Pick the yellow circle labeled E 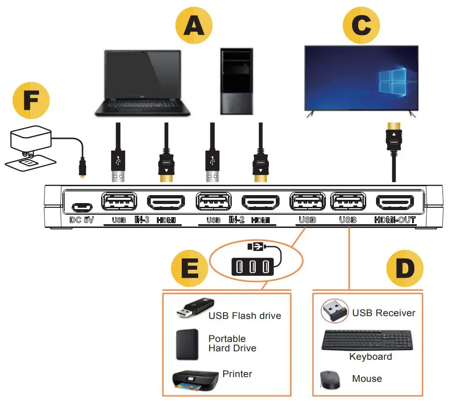[190, 270]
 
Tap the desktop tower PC [238, 83]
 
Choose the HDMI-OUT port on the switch [395, 203]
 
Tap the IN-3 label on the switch [142, 219]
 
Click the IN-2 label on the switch [237, 219]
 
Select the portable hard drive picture [188, 344]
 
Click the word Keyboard [370, 357]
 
